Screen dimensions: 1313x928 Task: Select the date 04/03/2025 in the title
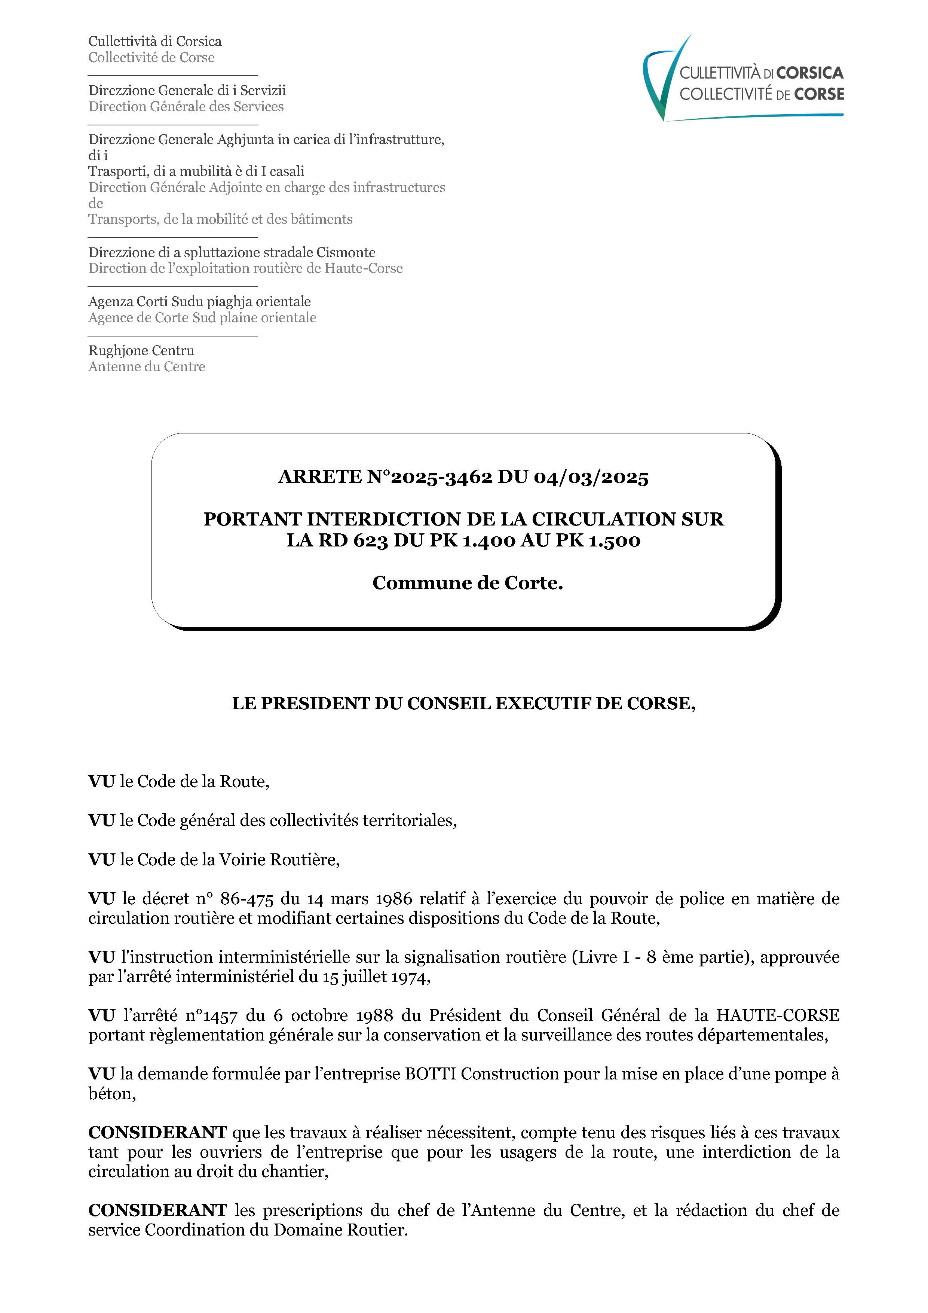591,476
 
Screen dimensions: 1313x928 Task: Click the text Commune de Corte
468,583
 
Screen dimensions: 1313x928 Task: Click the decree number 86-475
246,899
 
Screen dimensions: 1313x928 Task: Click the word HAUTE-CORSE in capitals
777,1016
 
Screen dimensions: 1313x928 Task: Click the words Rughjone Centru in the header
141,351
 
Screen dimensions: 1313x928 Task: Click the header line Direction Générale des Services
186,106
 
